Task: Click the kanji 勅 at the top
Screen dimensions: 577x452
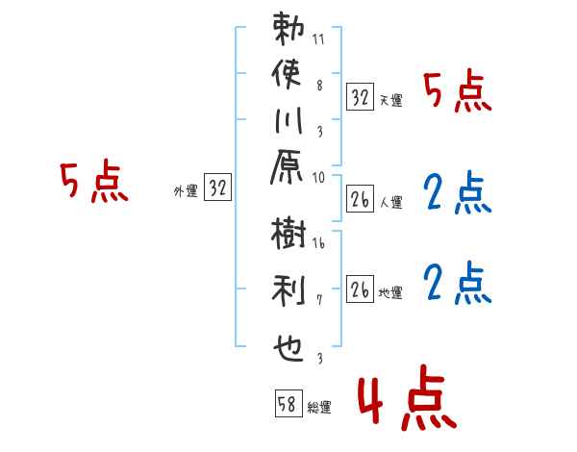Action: pyautogui.click(x=288, y=29)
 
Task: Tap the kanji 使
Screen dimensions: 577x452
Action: pyautogui.click(x=287, y=74)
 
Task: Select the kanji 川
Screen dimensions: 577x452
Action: pyautogui.click(x=288, y=120)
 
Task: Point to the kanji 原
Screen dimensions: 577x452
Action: pyautogui.click(x=287, y=166)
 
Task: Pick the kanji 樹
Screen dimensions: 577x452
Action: pyautogui.click(x=288, y=233)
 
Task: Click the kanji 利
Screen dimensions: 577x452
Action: pyautogui.click(x=288, y=290)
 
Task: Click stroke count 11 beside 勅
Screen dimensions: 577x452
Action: pyautogui.click(x=318, y=39)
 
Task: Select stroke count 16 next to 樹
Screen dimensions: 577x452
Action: pyautogui.click(x=318, y=243)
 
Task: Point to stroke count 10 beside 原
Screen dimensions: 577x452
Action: pyautogui.click(x=318, y=178)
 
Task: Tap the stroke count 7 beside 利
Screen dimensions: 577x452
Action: pyautogui.click(x=319, y=300)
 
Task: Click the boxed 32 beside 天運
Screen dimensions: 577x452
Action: pyautogui.click(x=360, y=97)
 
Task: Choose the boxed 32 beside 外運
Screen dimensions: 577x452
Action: pyautogui.click(x=217, y=187)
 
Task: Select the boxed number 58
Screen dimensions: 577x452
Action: pyautogui.click(x=288, y=403)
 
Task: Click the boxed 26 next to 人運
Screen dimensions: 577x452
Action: pyautogui.click(x=360, y=199)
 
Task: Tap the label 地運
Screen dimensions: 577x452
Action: pyautogui.click(x=390, y=293)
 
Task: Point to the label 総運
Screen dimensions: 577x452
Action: pyautogui.click(x=319, y=408)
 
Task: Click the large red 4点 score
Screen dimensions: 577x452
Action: pyautogui.click(x=407, y=397)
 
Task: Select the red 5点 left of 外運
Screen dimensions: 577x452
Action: pyautogui.click(x=94, y=181)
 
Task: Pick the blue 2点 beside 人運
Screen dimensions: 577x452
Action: pyautogui.click(x=458, y=191)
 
